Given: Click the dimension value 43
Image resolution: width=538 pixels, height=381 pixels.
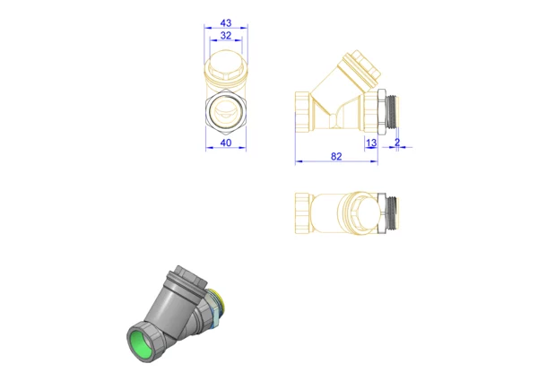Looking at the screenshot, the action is tap(226, 23).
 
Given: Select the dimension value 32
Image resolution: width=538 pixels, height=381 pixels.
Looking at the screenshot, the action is tap(226, 35).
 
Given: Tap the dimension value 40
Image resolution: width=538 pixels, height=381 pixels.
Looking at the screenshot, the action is tap(226, 143).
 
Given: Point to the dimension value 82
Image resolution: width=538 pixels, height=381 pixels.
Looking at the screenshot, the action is tap(336, 156).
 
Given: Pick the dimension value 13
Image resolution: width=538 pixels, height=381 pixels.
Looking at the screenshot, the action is tap(371, 143).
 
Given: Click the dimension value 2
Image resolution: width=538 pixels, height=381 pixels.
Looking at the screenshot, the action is tap(397, 143).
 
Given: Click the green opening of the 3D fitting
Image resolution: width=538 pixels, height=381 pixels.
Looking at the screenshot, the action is tap(142, 343).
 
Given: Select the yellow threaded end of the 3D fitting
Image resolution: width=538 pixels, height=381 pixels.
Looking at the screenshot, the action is tap(218, 300).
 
